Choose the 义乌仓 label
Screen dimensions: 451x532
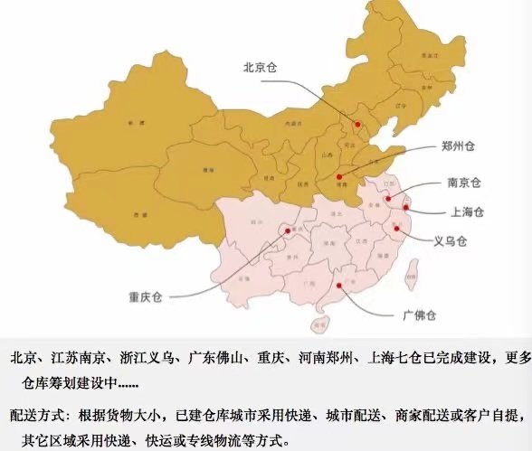tap(451, 241)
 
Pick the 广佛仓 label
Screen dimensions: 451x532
tap(419, 315)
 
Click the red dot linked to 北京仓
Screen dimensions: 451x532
tap(357, 125)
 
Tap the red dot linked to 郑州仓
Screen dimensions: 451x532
tap(339, 177)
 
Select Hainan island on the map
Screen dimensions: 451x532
tap(318, 323)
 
